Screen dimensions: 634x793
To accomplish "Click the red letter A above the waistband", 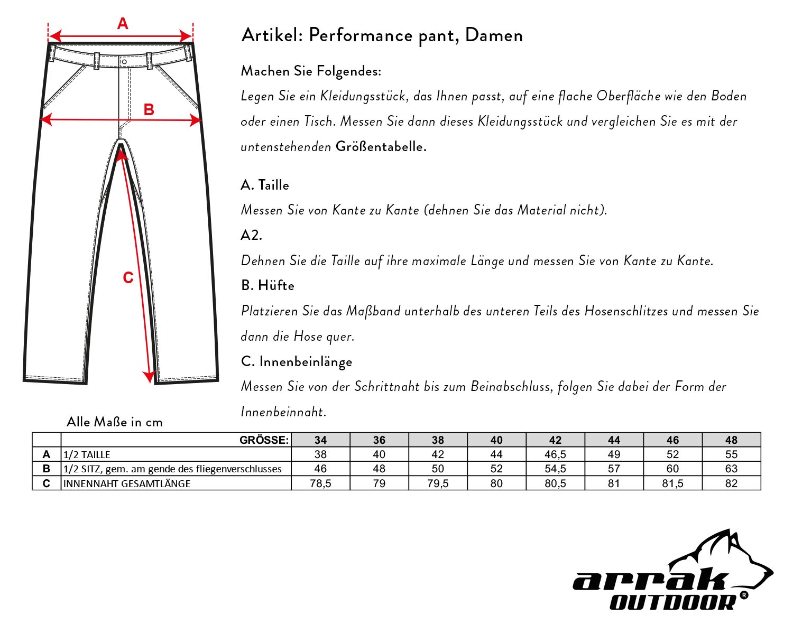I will point(123,24).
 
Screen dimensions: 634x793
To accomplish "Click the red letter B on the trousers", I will point(149,109).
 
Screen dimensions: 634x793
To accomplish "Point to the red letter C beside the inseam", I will point(128,278).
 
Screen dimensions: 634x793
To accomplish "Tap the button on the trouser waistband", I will point(124,62).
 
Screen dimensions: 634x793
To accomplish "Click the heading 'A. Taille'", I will point(265,185).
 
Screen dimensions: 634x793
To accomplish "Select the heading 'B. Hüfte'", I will point(268,286).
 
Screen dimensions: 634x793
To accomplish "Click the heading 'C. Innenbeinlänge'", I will point(296,362).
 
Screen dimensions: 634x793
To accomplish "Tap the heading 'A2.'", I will point(251,236).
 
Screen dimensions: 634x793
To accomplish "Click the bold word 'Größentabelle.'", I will point(381,147).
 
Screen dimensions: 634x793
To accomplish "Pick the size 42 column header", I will point(555,440).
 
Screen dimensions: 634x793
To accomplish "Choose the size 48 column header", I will point(731,440).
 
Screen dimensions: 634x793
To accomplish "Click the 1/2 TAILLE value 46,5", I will point(555,454).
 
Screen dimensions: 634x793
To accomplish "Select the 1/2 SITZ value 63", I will point(731,469).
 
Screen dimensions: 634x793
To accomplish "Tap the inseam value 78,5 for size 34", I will point(320,483).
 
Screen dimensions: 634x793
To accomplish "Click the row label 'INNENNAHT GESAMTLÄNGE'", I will point(127,483).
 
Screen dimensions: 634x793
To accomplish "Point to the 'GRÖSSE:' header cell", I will point(264,440).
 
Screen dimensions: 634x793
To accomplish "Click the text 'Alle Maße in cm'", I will point(115,422).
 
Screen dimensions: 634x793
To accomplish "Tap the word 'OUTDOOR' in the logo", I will point(672,602).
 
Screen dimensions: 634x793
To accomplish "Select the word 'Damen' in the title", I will point(494,35).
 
